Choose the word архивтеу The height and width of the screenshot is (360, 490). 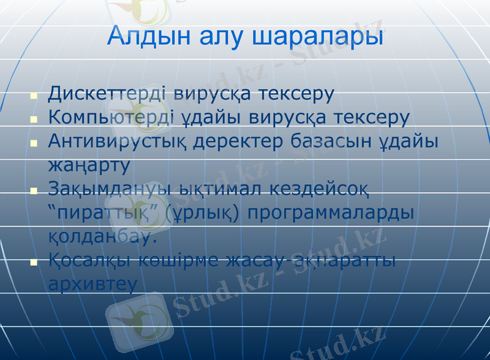coord(92,284)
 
